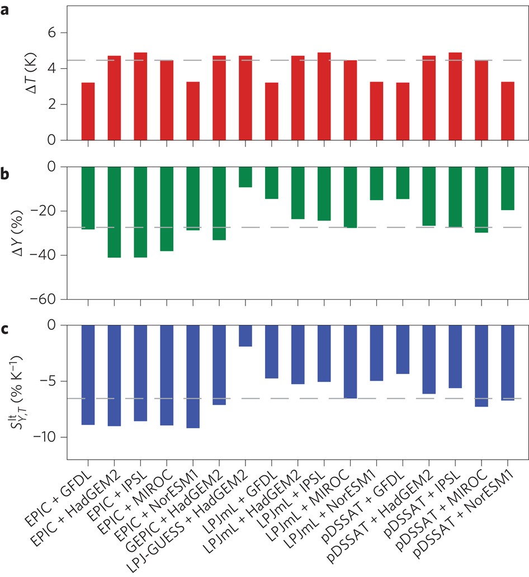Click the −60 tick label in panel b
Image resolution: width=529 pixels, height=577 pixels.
(48, 300)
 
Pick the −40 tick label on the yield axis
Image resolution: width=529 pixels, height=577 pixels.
(48, 256)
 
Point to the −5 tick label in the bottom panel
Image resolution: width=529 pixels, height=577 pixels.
(51, 381)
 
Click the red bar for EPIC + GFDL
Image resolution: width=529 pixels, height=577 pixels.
(88, 111)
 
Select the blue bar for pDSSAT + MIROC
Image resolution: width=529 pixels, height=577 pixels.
(481, 366)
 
